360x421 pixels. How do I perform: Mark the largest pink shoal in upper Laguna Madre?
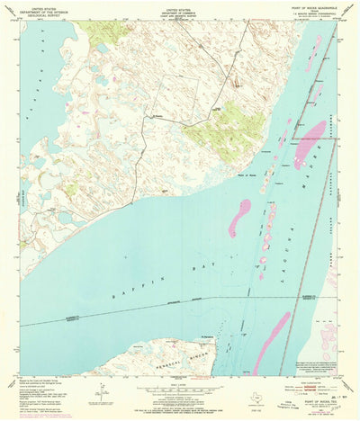(310, 143)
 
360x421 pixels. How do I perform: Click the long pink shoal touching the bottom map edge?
(271, 341)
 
